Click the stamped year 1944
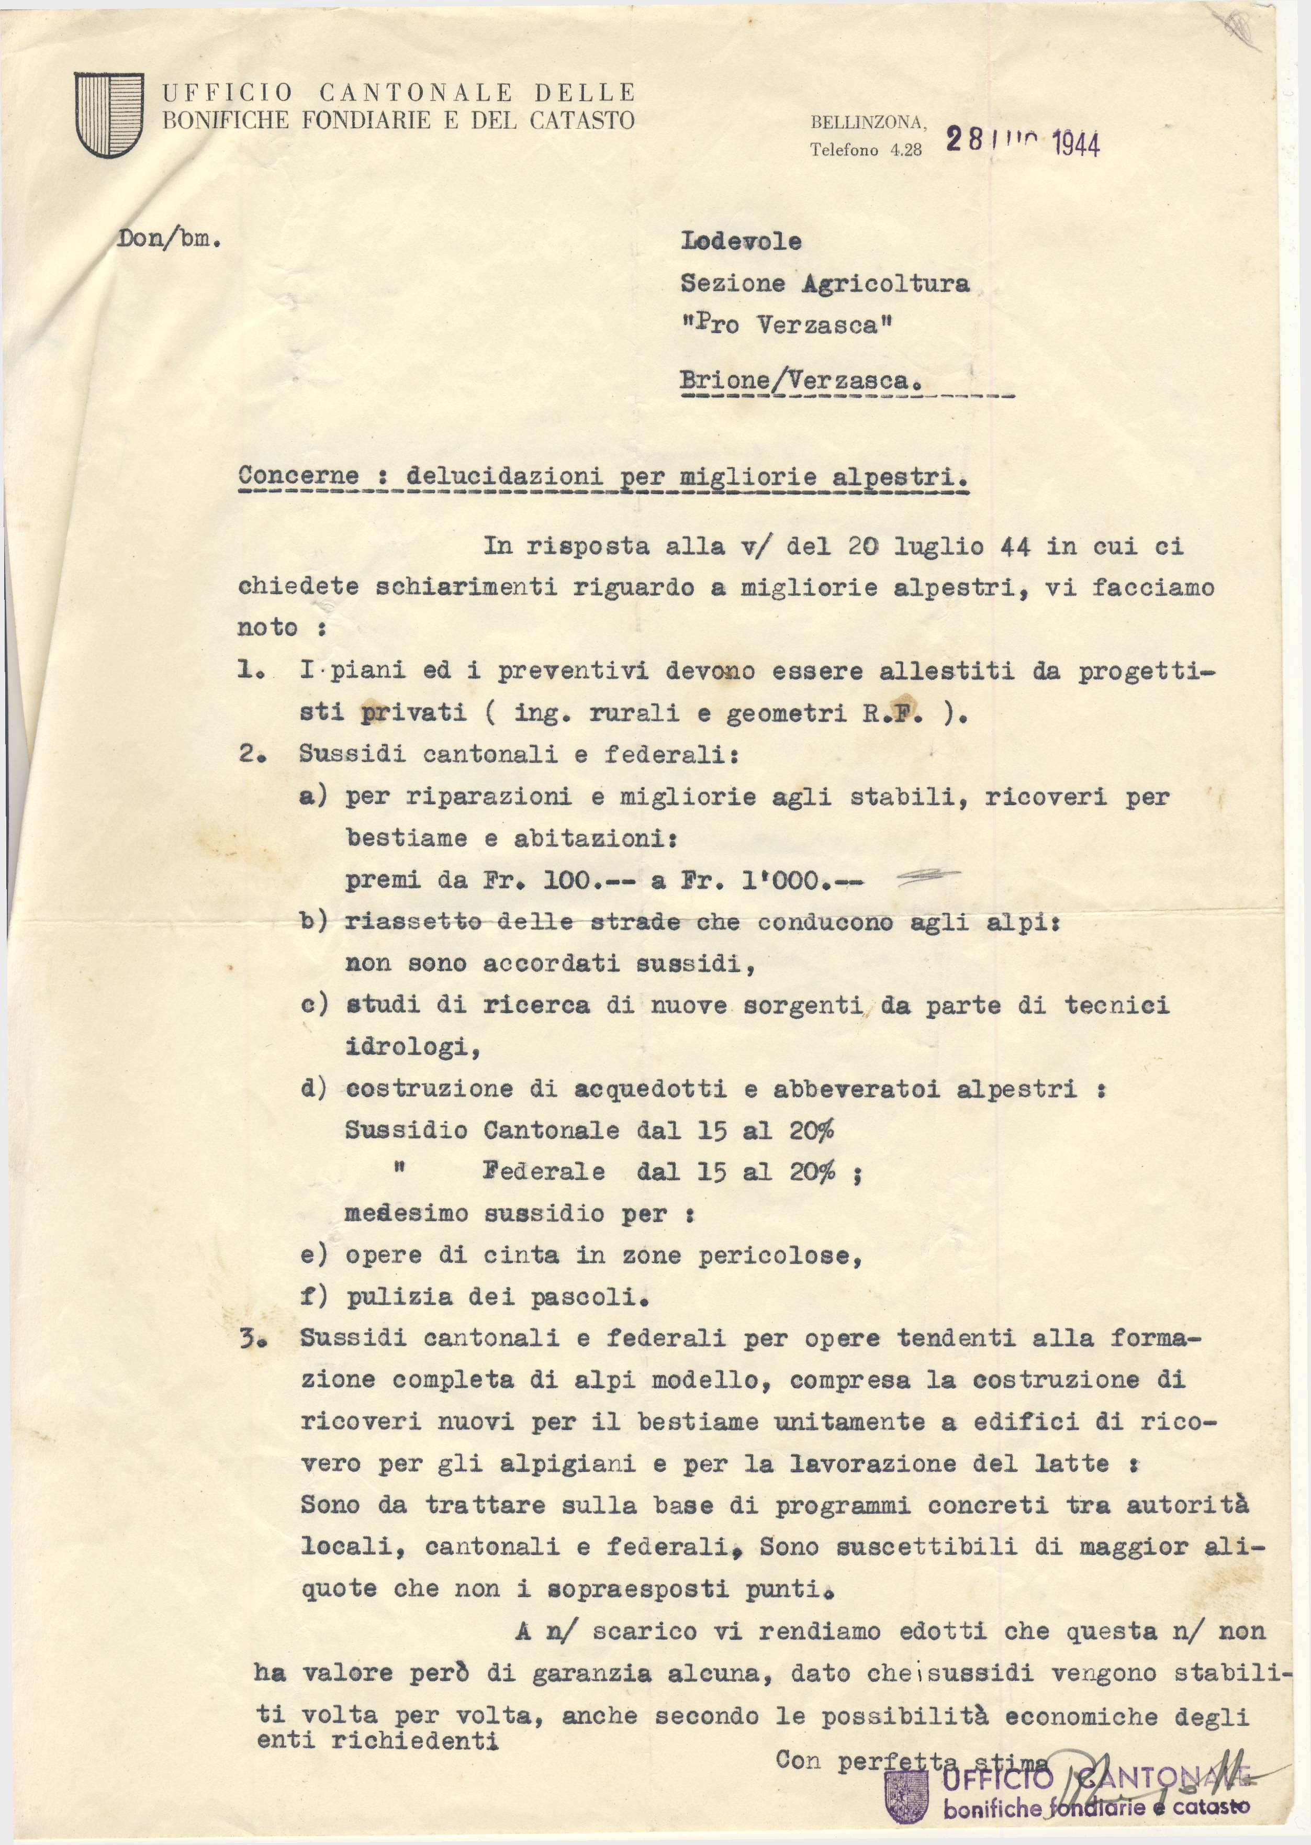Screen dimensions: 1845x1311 pos(1076,144)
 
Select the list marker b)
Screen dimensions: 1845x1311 pos(313,922)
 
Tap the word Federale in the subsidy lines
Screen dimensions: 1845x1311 pos(543,1171)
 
